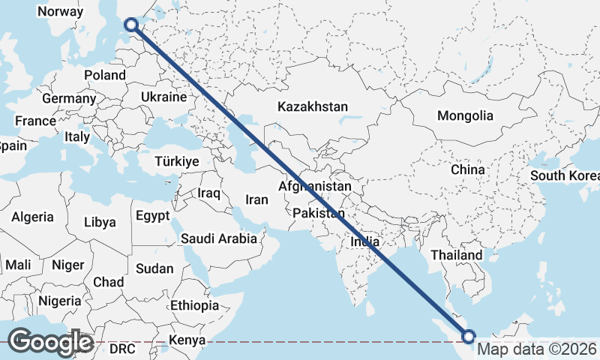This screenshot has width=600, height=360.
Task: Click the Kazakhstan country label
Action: coord(312,107)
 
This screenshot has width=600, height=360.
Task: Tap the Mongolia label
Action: coord(466,115)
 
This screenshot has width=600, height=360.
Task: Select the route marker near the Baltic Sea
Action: coord(131,25)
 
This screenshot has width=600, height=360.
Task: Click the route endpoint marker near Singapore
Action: coord(471,337)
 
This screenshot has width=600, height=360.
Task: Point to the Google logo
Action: coord(50,342)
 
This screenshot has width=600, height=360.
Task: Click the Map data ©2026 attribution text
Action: coord(538,349)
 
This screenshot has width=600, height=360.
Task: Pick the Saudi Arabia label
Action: coord(218,238)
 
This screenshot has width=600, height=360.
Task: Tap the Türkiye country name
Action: coord(176,161)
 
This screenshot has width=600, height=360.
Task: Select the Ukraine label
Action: coord(163,97)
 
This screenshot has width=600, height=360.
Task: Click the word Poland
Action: coord(105,75)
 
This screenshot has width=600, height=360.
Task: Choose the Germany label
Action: coord(69,98)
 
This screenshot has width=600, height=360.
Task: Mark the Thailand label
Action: coord(456,255)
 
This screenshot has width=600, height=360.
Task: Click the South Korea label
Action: coord(565,175)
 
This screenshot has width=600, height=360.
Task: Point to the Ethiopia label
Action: coord(194,305)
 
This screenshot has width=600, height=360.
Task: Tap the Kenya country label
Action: coord(187,340)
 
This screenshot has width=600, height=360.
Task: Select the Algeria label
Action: coord(32,217)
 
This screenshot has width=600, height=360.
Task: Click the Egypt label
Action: coord(154,216)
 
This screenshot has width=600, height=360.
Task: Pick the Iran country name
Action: coord(256,200)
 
